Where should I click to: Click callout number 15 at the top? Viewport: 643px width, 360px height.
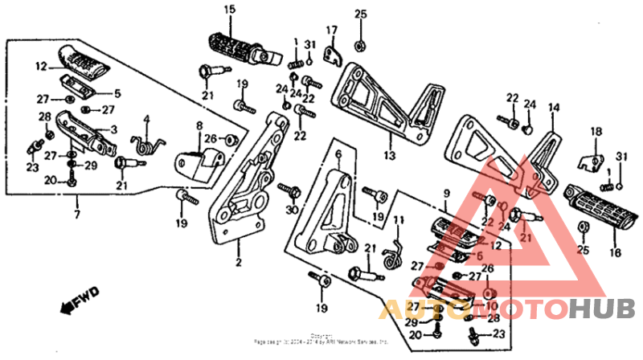coord(230,9)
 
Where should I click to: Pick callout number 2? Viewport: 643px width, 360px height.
coord(238,261)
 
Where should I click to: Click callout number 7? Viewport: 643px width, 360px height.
coord(76,215)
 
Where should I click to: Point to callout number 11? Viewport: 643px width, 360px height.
coord(399,220)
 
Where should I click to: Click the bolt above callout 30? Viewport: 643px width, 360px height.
coord(289,191)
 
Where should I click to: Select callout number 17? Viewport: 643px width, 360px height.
coord(330,31)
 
